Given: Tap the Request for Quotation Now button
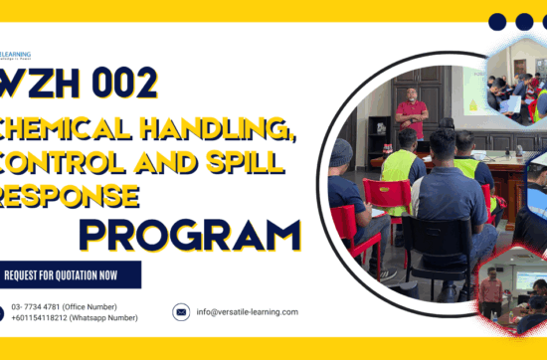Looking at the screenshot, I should pos(71,274).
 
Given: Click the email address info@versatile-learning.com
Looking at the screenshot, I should pos(248,311).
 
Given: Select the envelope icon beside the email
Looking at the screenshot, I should pos(181,311).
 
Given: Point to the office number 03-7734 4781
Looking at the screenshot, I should pos(64,306).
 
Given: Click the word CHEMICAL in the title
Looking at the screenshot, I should pos(62,126).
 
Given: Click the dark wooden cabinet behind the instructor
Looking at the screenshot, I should pos(379,139).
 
